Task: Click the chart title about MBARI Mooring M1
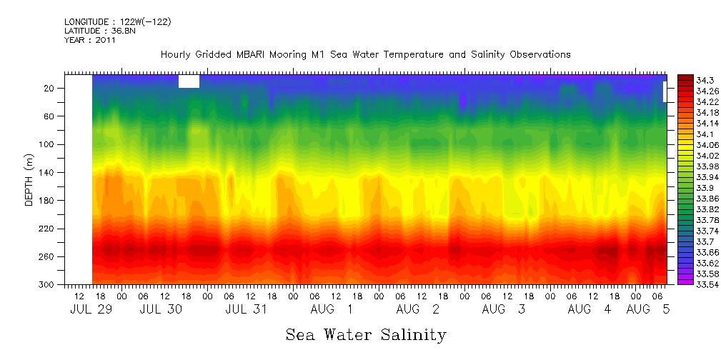[365, 54]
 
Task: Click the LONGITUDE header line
[118, 22]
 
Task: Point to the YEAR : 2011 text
[90, 40]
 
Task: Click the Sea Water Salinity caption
[366, 334]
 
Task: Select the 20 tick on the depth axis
[49, 88]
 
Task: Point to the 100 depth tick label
[47, 144]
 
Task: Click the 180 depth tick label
[47, 201]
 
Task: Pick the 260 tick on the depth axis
[47, 256]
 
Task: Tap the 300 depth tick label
[47, 285]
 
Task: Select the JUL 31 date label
[246, 309]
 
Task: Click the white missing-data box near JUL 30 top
[189, 81]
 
